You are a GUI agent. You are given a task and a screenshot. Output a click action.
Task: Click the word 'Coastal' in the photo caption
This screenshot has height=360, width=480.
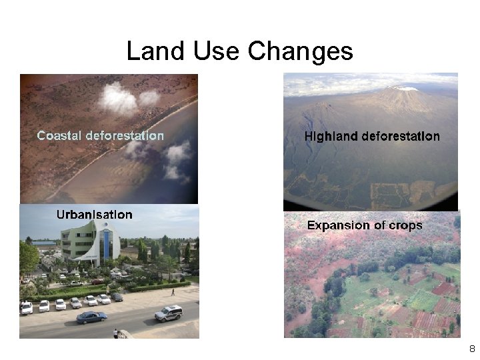click(59, 135)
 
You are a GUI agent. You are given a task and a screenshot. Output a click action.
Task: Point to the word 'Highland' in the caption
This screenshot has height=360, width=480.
click(331, 136)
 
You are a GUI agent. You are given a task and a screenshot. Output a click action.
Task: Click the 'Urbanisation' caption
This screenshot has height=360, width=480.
click(94, 214)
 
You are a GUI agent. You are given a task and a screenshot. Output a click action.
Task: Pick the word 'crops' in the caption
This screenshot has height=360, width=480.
click(403, 226)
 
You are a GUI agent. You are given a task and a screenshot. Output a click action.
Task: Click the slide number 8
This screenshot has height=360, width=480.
click(471, 349)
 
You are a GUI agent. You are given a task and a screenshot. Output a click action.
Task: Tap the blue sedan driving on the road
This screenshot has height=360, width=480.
click(91, 317)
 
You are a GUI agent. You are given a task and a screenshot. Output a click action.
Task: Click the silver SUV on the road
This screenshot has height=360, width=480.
click(169, 313)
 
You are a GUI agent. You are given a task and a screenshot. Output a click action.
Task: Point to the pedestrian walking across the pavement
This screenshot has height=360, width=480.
click(172, 292)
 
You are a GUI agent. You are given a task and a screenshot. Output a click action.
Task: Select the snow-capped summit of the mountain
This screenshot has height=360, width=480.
click(403, 89)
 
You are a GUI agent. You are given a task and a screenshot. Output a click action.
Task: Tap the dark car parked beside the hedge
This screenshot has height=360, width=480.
click(117, 297)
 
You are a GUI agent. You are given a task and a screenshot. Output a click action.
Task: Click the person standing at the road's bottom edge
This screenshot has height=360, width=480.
click(115, 333)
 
